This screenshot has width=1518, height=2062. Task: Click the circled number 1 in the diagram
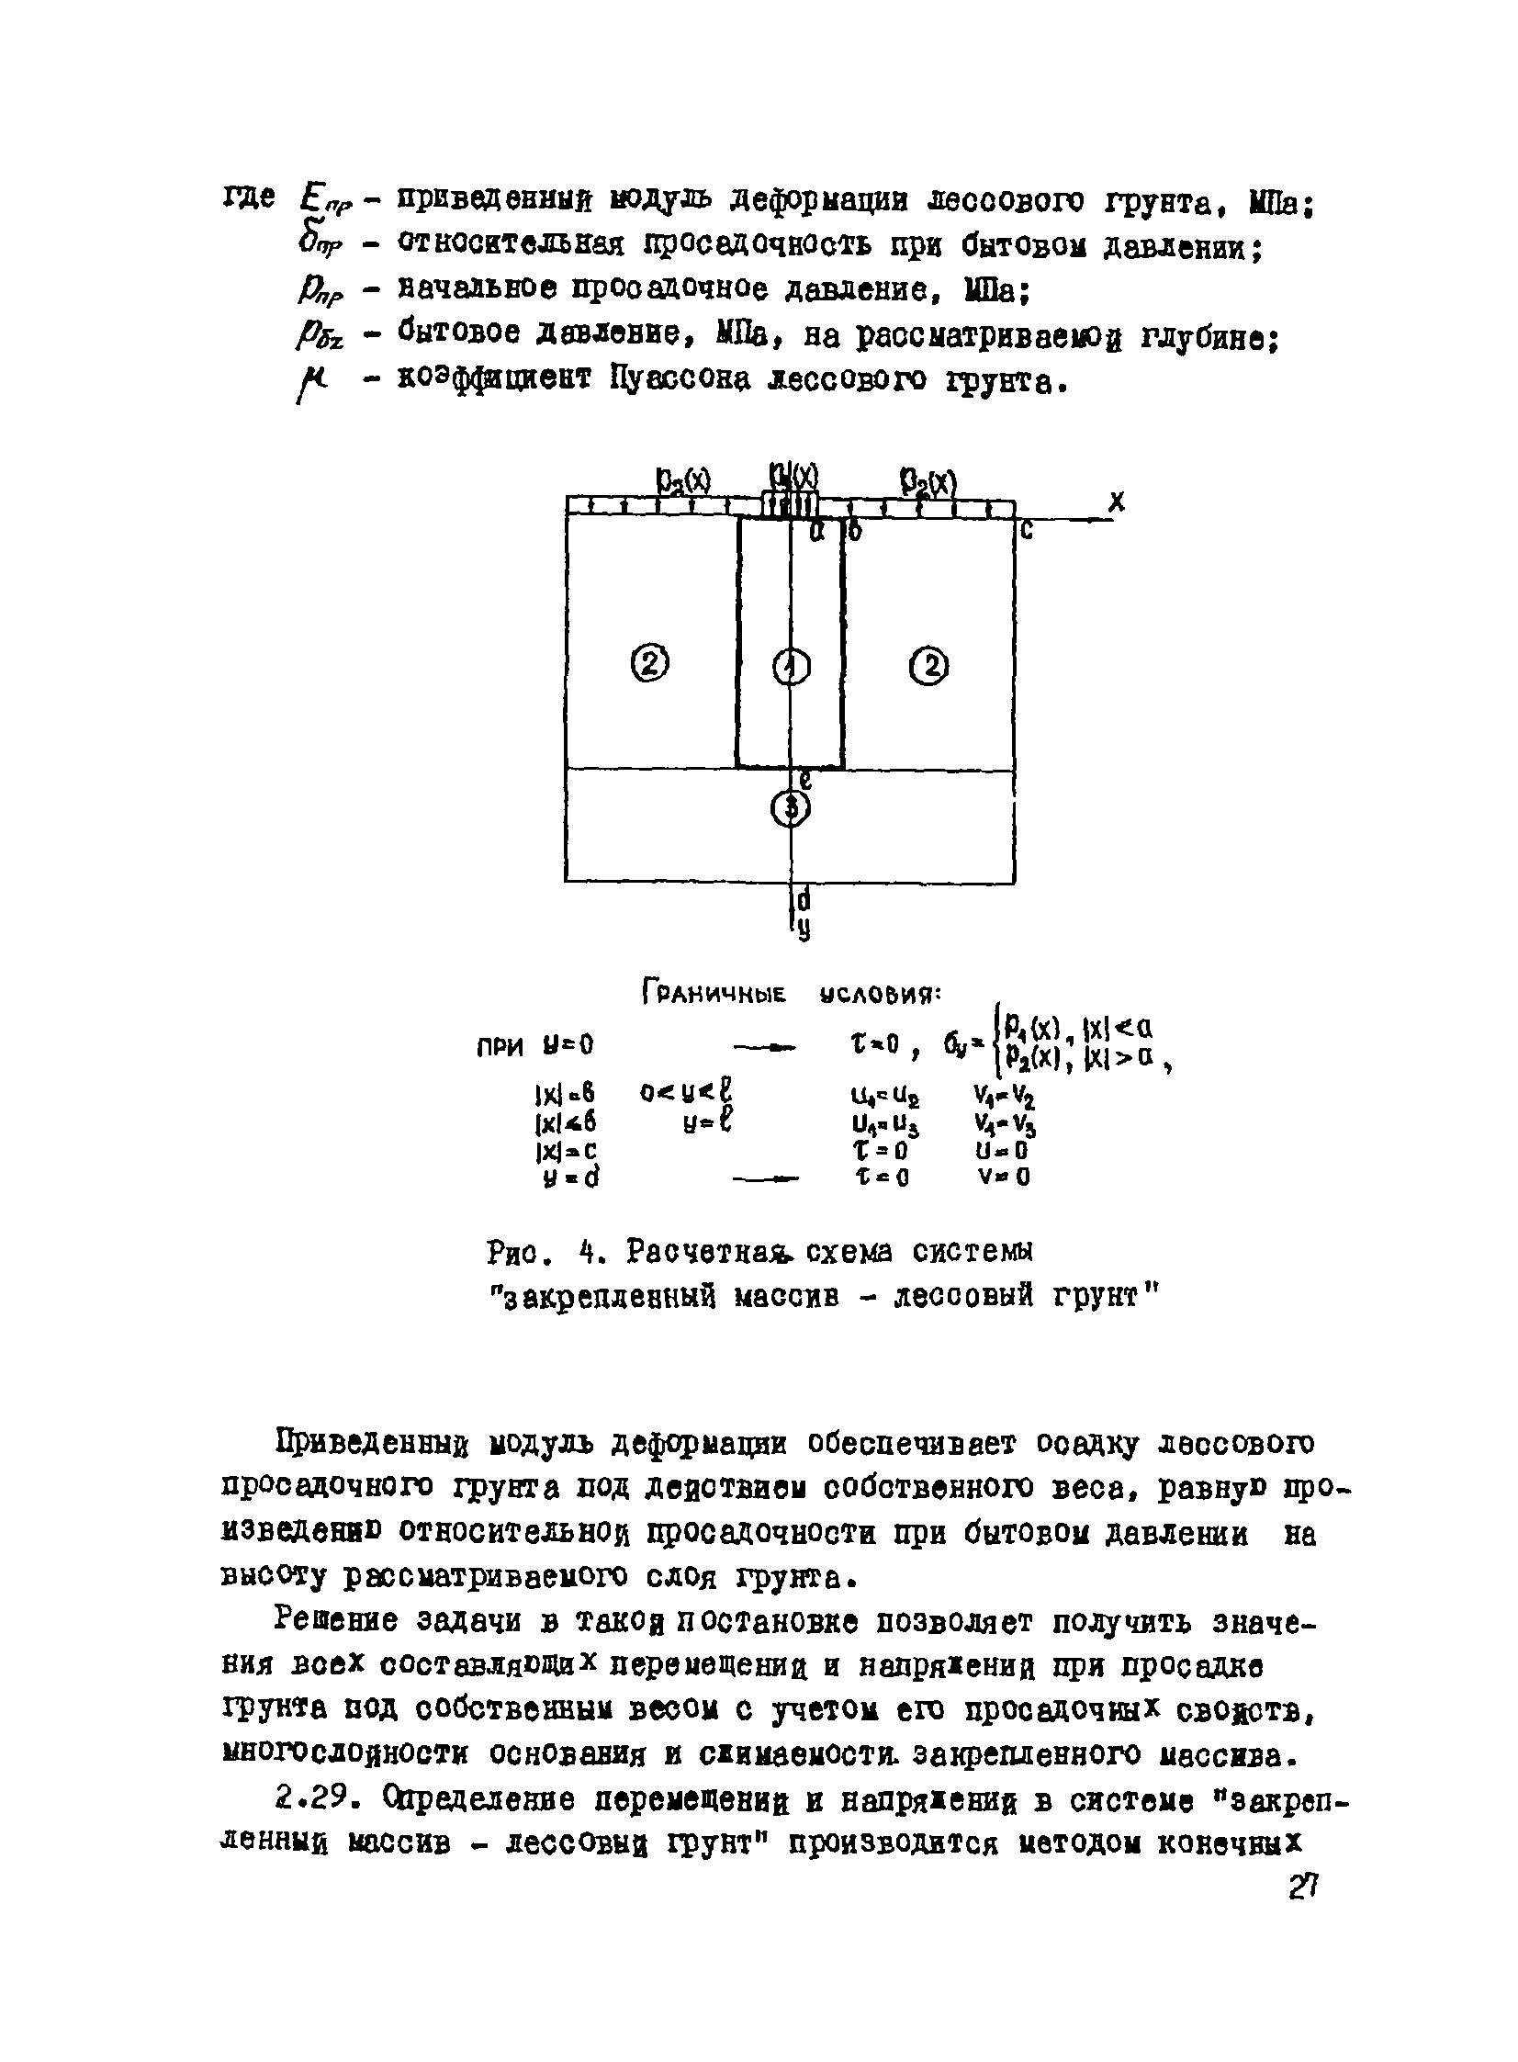coord(791,666)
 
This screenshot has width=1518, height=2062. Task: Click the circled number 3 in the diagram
coord(791,807)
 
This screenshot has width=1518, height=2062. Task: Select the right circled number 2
coord(930,665)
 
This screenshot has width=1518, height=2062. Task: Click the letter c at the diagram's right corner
coord(1027,530)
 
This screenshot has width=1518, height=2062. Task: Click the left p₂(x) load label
coord(683,480)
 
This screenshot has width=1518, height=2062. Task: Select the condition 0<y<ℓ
coord(690,1095)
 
